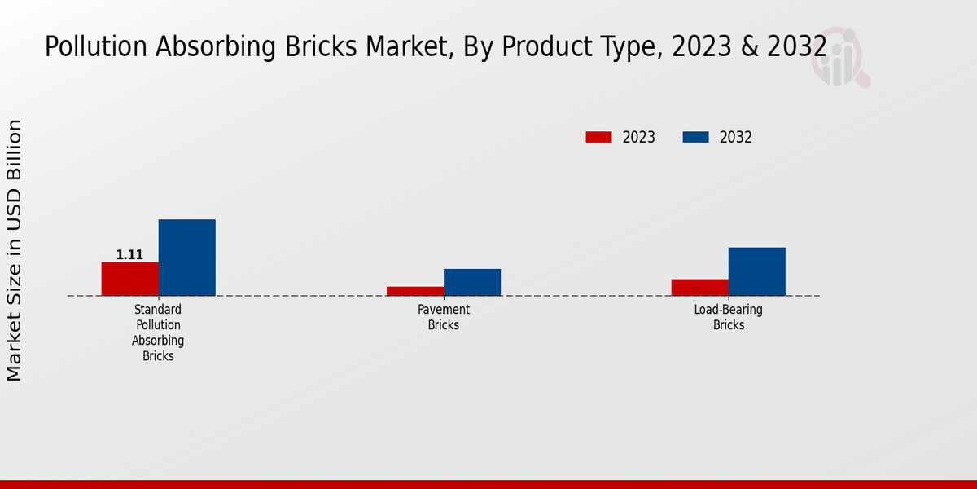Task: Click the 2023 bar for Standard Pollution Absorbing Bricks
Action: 129,279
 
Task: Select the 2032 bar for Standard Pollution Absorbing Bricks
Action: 186,258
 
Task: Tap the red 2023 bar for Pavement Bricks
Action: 414,291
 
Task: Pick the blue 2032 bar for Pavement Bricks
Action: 471,282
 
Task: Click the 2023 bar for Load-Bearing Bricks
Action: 699,287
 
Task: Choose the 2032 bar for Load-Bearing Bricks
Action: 756,271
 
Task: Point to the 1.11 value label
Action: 129,255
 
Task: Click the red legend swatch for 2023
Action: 598,137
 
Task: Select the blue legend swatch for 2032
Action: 695,137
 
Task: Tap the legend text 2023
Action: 638,137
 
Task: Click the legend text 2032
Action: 735,137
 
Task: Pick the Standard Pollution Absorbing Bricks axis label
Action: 158,333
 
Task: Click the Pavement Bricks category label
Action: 444,317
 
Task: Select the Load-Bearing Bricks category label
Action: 729,317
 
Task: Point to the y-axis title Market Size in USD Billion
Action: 15,250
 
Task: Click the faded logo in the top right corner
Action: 839,58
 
